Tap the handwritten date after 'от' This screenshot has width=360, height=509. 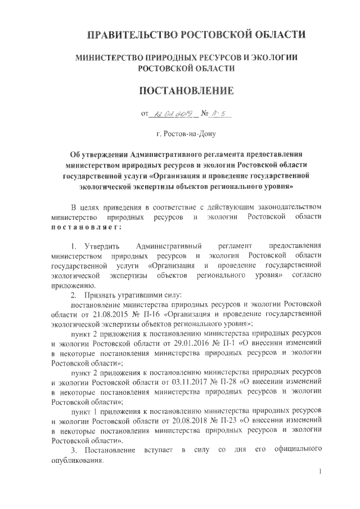[x=172, y=114]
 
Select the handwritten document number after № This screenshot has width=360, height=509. [x=215, y=114]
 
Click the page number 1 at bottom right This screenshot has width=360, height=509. [x=319, y=471]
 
